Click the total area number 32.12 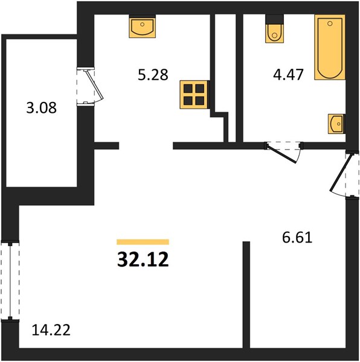point(143,259)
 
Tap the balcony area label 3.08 point(41,108)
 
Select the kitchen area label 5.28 point(153,75)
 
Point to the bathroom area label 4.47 point(288,75)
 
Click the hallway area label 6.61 point(297,238)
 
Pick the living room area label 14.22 point(51,330)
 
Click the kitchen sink point(142,26)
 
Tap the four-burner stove point(194,95)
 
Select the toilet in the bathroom point(274,29)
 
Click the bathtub point(330,47)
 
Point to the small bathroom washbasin point(336,124)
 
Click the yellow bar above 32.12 point(143,242)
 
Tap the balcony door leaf point(94,84)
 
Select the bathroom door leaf point(281,153)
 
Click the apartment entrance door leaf point(342,173)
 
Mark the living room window point(10,281)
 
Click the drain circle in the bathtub point(330,24)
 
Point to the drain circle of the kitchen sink point(143,24)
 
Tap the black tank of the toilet point(274,19)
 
